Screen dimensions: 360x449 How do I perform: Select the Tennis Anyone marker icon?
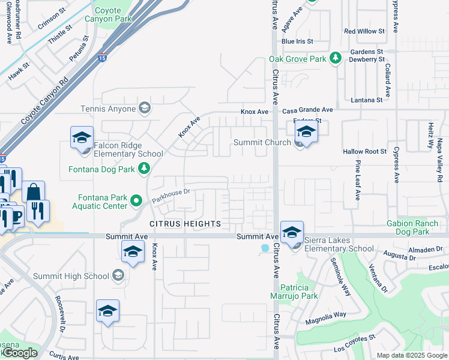pos(144,109)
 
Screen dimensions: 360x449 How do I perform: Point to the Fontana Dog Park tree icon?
pos(144,169)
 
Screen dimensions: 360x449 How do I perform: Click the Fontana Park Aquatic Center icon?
pos(136,200)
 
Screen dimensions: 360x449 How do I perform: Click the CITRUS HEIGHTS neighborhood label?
pos(185,224)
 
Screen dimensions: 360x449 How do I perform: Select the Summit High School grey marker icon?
pos(118,275)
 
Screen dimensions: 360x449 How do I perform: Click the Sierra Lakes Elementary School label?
pos(339,248)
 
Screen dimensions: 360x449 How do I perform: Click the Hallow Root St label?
pos(364,152)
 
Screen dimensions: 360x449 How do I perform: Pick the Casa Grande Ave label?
pos(307,110)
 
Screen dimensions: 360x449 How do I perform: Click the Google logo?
pos(20,353)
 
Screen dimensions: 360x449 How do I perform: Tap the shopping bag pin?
pos(34,192)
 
